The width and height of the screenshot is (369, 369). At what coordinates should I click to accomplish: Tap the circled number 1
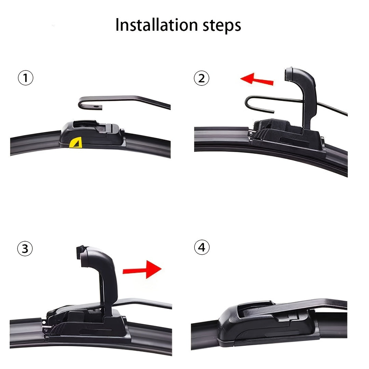coord(25,79)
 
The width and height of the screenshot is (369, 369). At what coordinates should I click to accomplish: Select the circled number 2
coord(201,79)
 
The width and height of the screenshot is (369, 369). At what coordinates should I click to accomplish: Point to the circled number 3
coord(25,249)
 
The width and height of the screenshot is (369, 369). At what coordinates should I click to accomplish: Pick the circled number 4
coord(202,247)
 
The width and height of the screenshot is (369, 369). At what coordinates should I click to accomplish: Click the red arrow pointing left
coord(257,80)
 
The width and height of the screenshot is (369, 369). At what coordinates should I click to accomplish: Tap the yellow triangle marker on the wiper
coord(76,142)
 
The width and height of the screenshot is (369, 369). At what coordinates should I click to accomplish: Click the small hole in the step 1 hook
coord(96,107)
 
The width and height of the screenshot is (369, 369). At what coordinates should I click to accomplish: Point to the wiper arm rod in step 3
coord(147,302)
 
